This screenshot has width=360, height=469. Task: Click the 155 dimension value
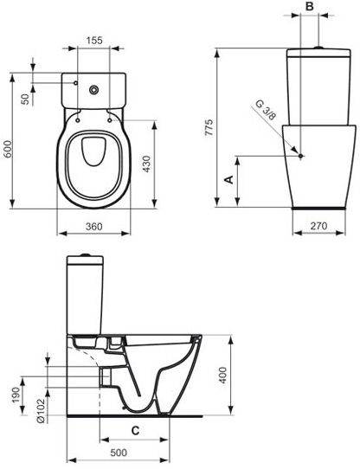pyautogui.click(x=94, y=40)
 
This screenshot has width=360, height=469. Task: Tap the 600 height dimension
pyautogui.click(x=7, y=149)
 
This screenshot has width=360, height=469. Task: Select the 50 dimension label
pyautogui.click(x=26, y=99)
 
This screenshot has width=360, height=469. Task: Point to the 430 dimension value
pyautogui.click(x=146, y=164)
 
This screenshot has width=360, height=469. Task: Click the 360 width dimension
pyautogui.click(x=94, y=227)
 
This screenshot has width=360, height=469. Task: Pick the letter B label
pyautogui.click(x=310, y=7)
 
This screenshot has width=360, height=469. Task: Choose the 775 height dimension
pyautogui.click(x=209, y=128)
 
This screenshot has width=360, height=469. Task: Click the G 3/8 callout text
pyautogui.click(x=265, y=110)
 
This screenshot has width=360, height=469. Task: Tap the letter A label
pyautogui.click(x=229, y=179)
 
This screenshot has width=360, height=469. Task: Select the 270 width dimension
pyautogui.click(x=318, y=226)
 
